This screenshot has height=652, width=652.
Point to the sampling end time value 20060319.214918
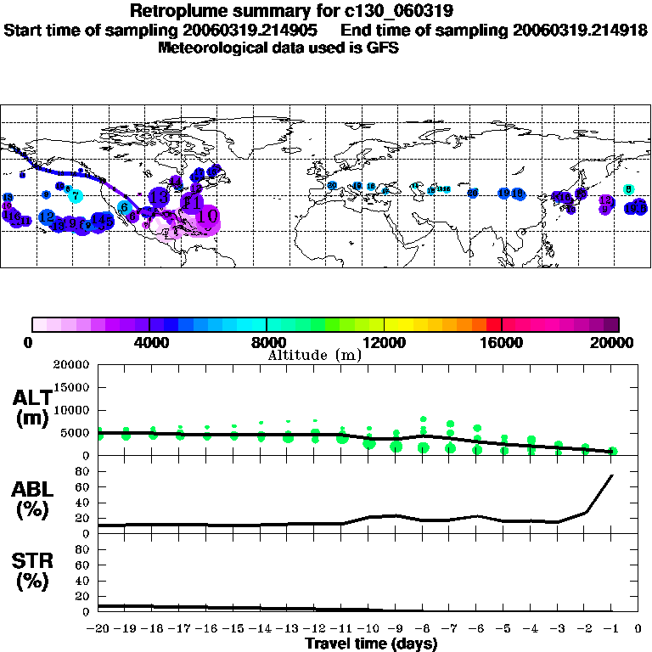(x=577, y=30)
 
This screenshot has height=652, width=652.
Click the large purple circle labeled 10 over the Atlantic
(x=206, y=217)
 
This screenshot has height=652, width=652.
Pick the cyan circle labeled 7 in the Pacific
(x=76, y=197)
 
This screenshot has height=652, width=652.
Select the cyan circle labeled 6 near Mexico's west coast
(x=124, y=207)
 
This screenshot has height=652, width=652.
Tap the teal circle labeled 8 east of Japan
(x=628, y=189)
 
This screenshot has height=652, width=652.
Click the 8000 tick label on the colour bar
(x=267, y=342)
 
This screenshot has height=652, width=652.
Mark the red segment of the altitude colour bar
(x=494, y=324)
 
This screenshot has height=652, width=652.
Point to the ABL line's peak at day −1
(x=612, y=475)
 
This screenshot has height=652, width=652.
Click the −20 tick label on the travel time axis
(x=99, y=629)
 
